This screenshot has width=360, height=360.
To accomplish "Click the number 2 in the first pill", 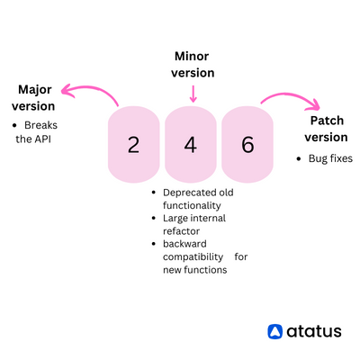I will click(x=133, y=145).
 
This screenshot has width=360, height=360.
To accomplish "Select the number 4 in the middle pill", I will click(x=190, y=145).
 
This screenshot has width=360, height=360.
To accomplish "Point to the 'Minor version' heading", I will click(x=193, y=64).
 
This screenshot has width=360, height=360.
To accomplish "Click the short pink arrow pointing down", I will click(x=193, y=93).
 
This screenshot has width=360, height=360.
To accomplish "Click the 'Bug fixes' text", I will click(x=330, y=158).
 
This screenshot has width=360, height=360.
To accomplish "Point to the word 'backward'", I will click(x=184, y=244).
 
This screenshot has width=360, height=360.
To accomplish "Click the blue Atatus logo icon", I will click(x=275, y=331).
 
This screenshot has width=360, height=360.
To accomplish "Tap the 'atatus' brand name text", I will click(x=314, y=331).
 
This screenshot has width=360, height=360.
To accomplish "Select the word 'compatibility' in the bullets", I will click(x=193, y=256).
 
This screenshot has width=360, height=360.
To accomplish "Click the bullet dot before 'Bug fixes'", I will click(x=298, y=159).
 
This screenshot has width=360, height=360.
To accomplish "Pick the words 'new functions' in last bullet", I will click(x=195, y=269).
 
